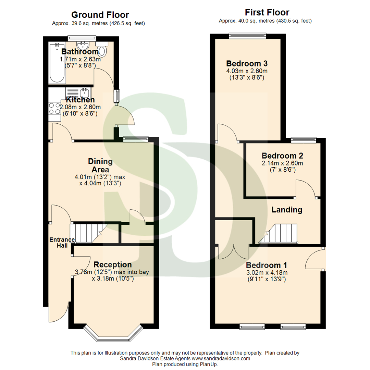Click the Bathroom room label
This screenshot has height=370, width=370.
pyautogui.click(x=80, y=52)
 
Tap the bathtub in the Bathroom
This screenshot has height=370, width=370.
pyautogui.click(x=57, y=63)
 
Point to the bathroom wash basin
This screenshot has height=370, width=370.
pyautogui.click(x=83, y=46)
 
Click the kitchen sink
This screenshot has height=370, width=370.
pyautogui.click(x=84, y=92)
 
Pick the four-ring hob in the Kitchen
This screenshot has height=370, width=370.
pyautogui.click(x=54, y=109)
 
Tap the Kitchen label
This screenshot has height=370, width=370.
pyautogui.click(x=80, y=100)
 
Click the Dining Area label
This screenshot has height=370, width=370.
pyautogui.click(x=100, y=165)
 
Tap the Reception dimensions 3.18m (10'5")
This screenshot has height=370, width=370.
pyautogui.click(x=113, y=279)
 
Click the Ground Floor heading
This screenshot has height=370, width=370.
pyautogui.click(x=100, y=15)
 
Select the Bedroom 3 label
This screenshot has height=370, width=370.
pyautogui.click(x=247, y=63)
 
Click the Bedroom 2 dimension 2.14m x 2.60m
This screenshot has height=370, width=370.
pyautogui.click(x=282, y=163)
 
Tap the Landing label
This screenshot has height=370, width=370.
pyautogui.click(x=287, y=210)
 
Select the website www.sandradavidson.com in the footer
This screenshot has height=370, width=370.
pyautogui.click(x=220, y=359)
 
